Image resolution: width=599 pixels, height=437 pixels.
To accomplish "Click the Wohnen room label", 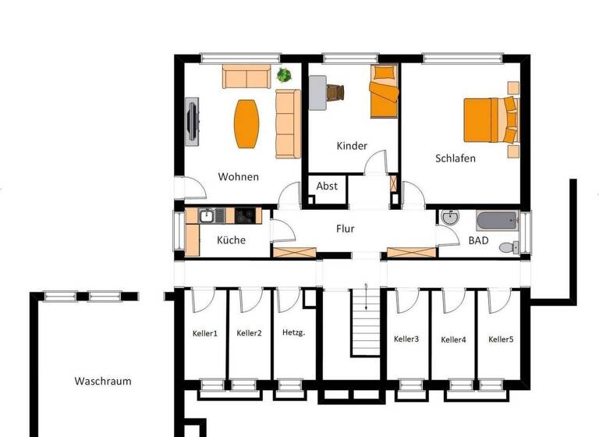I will click(x=238, y=176).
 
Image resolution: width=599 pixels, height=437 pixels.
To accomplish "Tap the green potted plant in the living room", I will click(x=284, y=76).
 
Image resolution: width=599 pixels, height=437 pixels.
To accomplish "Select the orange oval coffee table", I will click(x=246, y=124).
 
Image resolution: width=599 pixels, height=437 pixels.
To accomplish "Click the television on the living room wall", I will click(x=191, y=121).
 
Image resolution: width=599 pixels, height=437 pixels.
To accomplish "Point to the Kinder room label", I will click(x=351, y=146).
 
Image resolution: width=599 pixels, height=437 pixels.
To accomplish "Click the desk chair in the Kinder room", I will click(x=335, y=92).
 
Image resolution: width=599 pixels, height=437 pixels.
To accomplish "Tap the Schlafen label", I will click(x=455, y=158).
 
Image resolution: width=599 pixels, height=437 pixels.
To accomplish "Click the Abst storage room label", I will click(x=327, y=186).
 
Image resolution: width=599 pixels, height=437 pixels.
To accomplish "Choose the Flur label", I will click(x=345, y=229).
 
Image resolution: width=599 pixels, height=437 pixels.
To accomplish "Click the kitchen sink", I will click(x=207, y=216).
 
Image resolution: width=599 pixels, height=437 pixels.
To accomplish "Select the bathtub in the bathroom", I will click(x=496, y=220).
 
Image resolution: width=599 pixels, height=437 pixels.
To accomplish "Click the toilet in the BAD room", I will click(x=507, y=247).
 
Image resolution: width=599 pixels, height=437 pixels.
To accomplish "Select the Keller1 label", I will click(x=204, y=333).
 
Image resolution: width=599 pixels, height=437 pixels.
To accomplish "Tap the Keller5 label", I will click(x=501, y=339).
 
